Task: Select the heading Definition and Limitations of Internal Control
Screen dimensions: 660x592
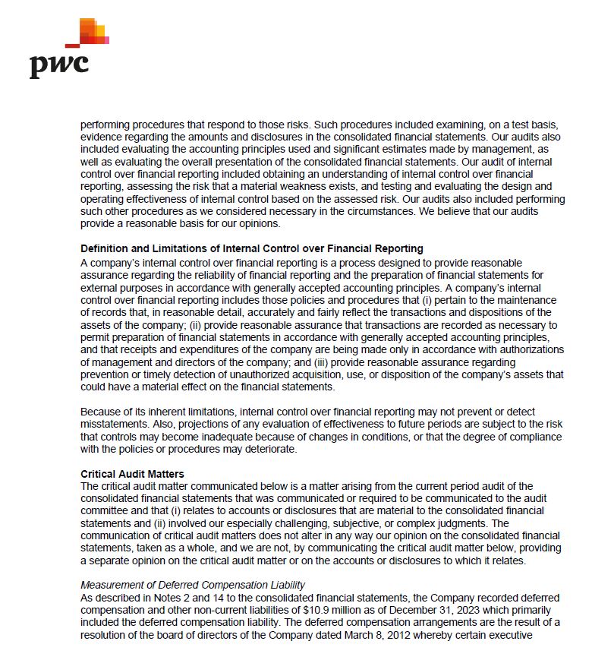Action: (x=251, y=248)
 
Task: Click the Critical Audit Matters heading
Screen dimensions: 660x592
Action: (x=132, y=474)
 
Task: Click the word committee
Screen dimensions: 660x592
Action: (x=105, y=510)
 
